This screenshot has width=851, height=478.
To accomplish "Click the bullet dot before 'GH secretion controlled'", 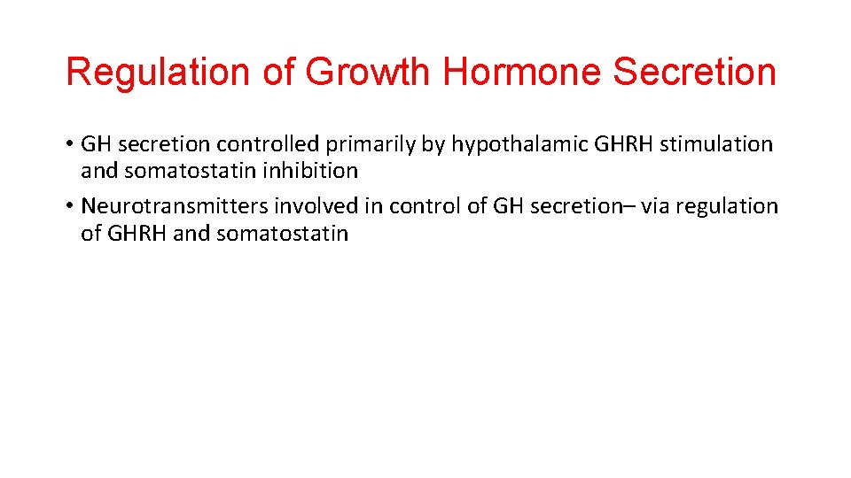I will (x=69, y=144).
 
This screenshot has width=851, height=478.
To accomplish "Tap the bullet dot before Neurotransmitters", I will (x=69, y=207).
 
